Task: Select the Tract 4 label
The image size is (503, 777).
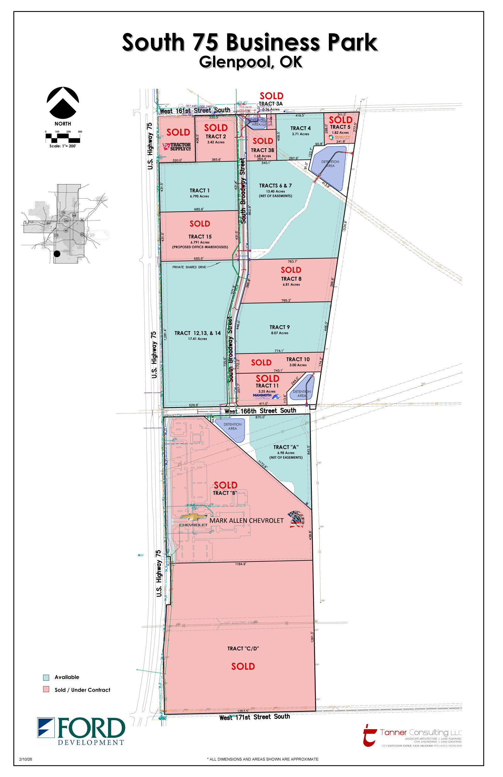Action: coord(301,128)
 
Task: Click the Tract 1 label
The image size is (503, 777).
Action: coord(200,191)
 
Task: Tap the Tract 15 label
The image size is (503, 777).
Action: coord(200,237)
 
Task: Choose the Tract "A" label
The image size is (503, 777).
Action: coord(286,447)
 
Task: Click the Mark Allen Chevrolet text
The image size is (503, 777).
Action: coord(246,521)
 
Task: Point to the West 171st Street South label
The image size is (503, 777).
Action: coord(254,717)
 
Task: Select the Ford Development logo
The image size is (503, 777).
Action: coord(81,731)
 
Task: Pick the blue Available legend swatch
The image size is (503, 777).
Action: coord(46,677)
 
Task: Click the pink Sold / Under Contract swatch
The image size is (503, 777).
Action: coord(46,689)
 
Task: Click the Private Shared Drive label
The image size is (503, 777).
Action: coord(189,267)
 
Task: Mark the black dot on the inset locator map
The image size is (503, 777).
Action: coord(57,254)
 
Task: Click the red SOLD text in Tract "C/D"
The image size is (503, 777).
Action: coord(243,666)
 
